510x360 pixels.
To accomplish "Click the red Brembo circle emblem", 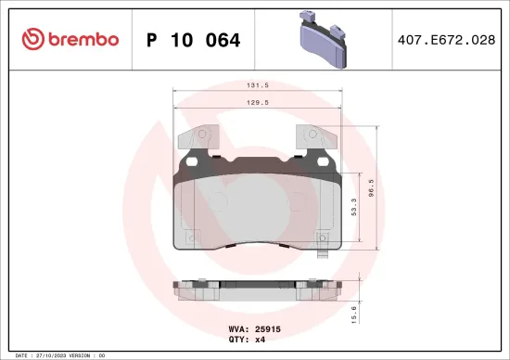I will click(x=32, y=39).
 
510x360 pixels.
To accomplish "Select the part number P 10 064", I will click(x=194, y=40).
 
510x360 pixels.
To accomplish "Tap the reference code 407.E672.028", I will click(x=447, y=40).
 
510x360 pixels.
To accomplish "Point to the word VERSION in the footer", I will click(x=84, y=355).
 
